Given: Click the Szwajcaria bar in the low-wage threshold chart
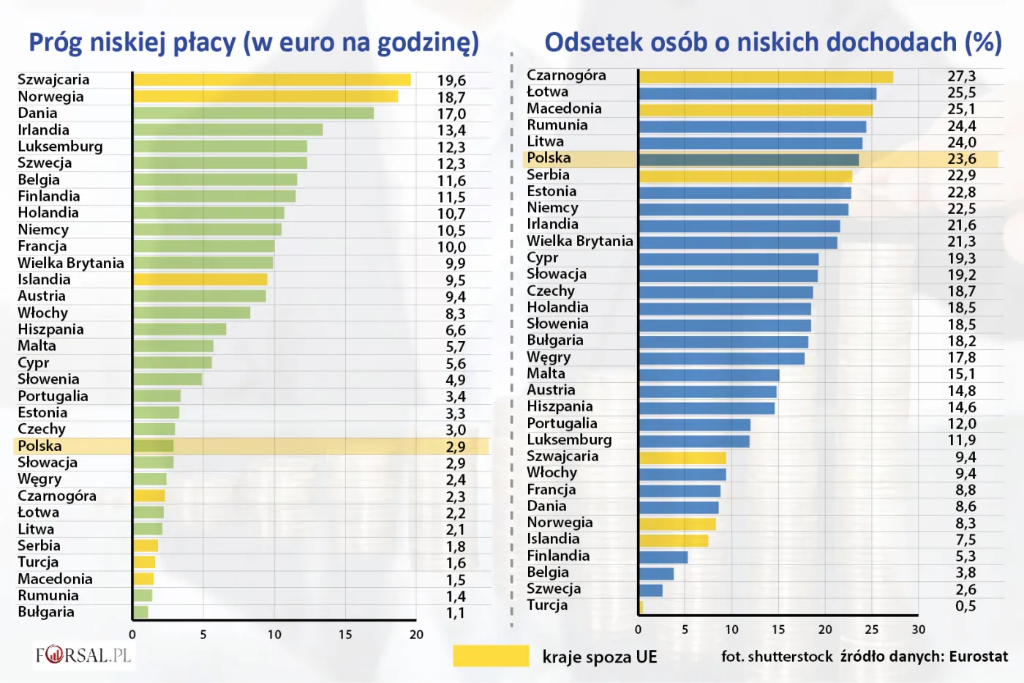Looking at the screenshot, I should pyautogui.click(x=271, y=80).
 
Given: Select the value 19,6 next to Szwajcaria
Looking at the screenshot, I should pyautogui.click(x=451, y=81).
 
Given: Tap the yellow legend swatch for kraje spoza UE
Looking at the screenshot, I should pyautogui.click(x=491, y=656).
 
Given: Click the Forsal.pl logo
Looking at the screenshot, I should pyautogui.click(x=83, y=654).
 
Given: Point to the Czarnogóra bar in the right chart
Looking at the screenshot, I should pyautogui.click(x=766, y=77).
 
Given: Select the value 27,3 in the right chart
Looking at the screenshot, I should pyautogui.click(x=961, y=76).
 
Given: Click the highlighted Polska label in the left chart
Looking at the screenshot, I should pyautogui.click(x=40, y=446).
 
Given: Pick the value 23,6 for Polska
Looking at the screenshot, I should pyautogui.click(x=961, y=159).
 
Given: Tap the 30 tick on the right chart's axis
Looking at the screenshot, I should pyautogui.click(x=918, y=630).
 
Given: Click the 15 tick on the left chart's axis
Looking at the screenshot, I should pyautogui.click(x=345, y=635).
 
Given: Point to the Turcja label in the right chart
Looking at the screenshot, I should pyautogui.click(x=547, y=605).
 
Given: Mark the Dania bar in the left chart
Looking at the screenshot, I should pyautogui.click(x=253, y=113).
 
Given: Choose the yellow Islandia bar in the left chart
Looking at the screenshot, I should pyautogui.click(x=200, y=280).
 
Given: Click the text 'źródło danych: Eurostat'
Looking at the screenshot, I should pyautogui.click(x=924, y=657).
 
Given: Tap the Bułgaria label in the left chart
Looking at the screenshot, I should pyautogui.click(x=46, y=612).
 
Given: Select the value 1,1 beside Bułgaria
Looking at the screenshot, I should pyautogui.click(x=455, y=613).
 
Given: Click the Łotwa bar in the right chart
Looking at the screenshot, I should pyautogui.click(x=757, y=94).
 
